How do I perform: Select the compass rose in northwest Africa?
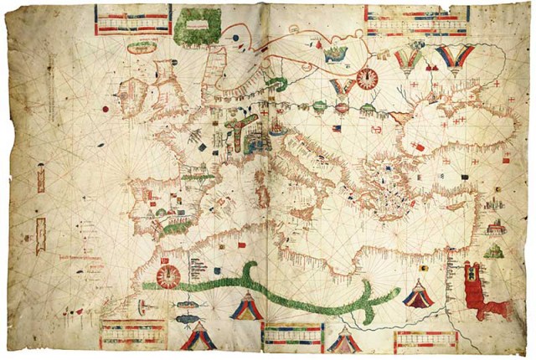167,274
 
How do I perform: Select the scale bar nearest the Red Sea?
425,338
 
